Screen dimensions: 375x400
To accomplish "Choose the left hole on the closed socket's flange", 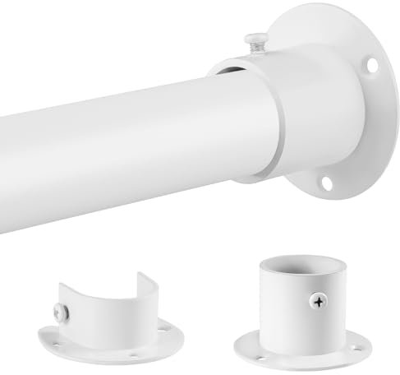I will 246,340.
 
